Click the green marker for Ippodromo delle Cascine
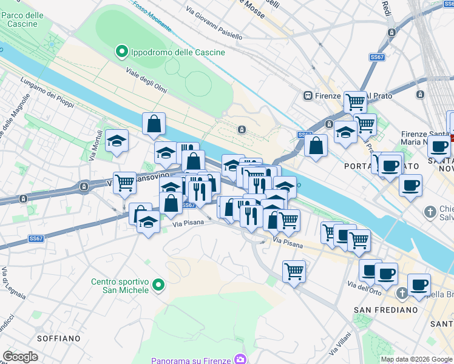(x=121, y=52)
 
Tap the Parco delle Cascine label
(x=22, y=19)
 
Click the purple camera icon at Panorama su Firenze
(x=242, y=360)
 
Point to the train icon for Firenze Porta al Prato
(x=308, y=96)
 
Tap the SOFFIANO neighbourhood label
(x=58, y=338)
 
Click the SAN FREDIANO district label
(x=385, y=310)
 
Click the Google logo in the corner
(x=20, y=357)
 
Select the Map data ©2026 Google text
(x=416, y=359)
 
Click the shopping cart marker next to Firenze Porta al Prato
(x=354, y=101)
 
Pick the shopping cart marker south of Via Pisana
(x=294, y=271)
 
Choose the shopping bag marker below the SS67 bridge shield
(x=316, y=146)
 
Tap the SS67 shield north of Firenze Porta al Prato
(x=378, y=57)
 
